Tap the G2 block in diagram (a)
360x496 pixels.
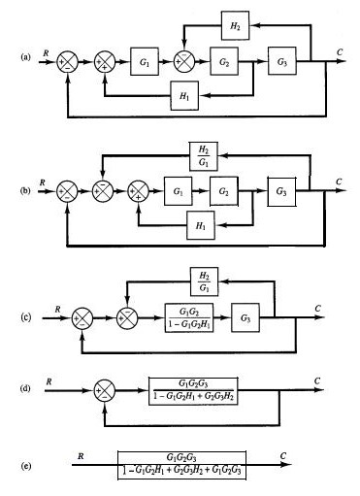(x=224, y=63)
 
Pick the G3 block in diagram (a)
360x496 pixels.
(x=282, y=63)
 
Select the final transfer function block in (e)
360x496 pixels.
(x=180, y=465)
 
